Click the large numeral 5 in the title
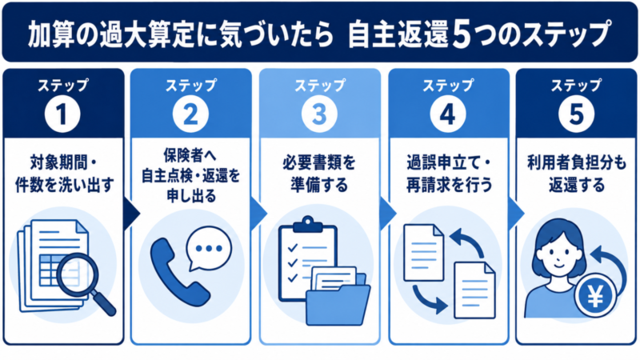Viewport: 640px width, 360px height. tap(462, 35)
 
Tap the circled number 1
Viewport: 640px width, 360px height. tap(62, 114)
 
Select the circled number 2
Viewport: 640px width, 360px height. tap(190, 114)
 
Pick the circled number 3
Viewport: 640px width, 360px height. tap(319, 114)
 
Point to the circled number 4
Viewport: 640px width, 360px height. tap(448, 114)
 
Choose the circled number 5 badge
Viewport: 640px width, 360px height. tap(576, 114)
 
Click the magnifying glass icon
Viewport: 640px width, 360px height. tap(85, 282)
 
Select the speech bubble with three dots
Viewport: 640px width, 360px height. tap(209, 249)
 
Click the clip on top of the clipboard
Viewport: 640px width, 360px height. tap(308, 225)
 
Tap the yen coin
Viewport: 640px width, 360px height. tap(595, 296)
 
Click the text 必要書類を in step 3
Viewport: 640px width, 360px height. tap(319, 163)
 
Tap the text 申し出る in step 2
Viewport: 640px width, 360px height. tap(191, 196)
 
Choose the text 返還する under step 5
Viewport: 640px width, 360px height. tap(576, 185)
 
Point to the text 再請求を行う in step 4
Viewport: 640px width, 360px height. tap(449, 185)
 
